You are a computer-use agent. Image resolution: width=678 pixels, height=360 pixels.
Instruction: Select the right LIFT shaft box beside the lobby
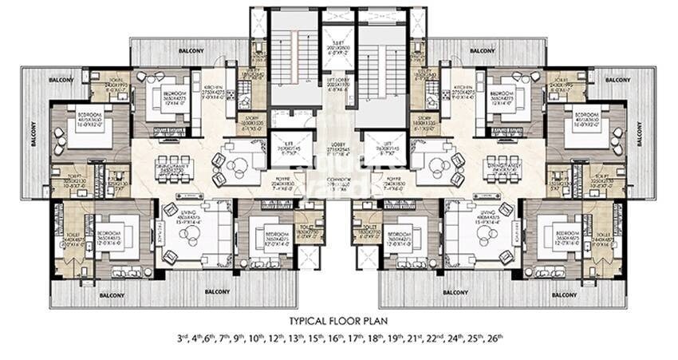click(385, 148)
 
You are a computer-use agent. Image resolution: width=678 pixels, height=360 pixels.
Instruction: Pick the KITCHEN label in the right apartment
click(464, 89)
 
